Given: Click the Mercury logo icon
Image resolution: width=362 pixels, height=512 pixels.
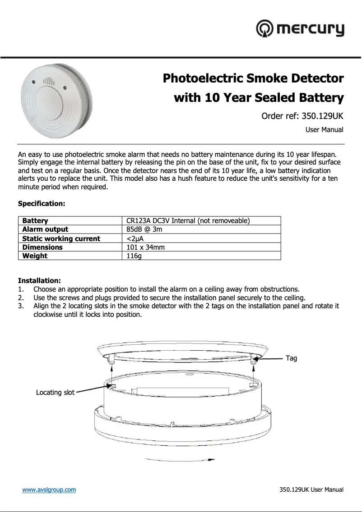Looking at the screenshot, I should pyautogui.click(x=265, y=29).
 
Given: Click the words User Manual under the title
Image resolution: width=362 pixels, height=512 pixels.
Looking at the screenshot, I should pyautogui.click(x=324, y=130).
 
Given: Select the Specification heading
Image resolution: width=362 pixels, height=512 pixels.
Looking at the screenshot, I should pyautogui.click(x=42, y=204).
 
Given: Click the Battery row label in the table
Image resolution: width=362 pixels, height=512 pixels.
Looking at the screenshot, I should pyautogui.click(x=35, y=221).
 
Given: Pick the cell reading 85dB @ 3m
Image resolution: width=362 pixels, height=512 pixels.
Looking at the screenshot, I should pyautogui.click(x=144, y=229).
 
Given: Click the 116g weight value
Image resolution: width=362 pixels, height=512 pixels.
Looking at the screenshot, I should pyautogui.click(x=134, y=256).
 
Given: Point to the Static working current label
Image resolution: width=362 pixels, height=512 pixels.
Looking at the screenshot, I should pyautogui.click(x=61, y=238).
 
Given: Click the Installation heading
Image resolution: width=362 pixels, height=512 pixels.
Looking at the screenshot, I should pyautogui.click(x=39, y=281).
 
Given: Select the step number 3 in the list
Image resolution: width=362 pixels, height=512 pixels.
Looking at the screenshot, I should pyautogui.click(x=21, y=306).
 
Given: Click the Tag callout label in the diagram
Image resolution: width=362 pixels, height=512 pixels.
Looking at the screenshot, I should pyautogui.click(x=292, y=358).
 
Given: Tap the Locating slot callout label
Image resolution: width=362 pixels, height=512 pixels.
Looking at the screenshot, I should pyautogui.click(x=55, y=393).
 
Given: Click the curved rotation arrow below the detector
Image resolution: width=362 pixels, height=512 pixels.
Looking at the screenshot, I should pyautogui.click(x=180, y=459).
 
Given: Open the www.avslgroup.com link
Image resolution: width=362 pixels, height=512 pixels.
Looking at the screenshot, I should pyautogui.click(x=49, y=489).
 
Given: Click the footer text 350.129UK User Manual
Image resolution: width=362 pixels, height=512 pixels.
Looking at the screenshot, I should pyautogui.click(x=311, y=489).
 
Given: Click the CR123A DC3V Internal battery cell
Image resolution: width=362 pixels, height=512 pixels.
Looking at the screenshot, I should pyautogui.click(x=188, y=221).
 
